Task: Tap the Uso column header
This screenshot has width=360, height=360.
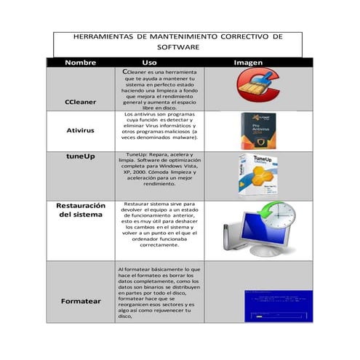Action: tap(149, 63)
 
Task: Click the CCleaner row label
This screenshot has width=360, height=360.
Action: tap(81, 102)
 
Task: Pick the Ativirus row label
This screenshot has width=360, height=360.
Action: tap(81, 131)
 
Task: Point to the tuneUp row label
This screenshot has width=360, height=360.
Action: tap(81, 156)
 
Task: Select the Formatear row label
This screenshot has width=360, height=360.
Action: tap(81, 300)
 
